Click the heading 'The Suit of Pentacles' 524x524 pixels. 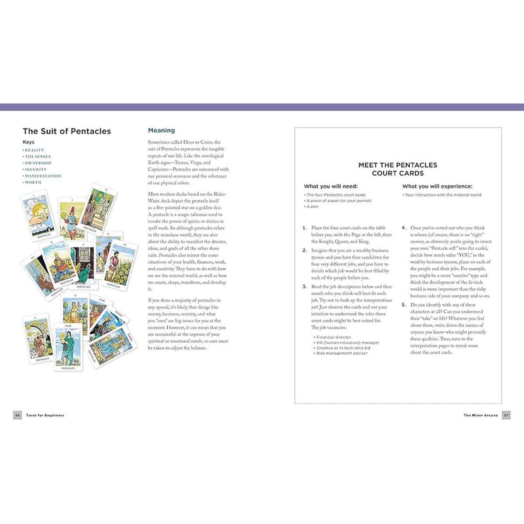click(x=67, y=131)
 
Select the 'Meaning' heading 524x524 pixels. click(x=161, y=130)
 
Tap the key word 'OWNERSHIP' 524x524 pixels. click(x=38, y=163)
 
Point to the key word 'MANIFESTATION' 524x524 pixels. click(x=43, y=176)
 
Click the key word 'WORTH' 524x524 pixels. click(x=33, y=183)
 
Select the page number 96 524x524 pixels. click(x=17, y=415)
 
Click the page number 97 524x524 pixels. click(x=506, y=415)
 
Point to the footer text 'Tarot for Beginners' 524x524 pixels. click(x=45, y=415)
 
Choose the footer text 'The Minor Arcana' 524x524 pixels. click(x=480, y=415)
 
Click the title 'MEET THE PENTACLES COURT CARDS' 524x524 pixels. click(x=398, y=169)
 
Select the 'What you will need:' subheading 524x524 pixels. click(x=331, y=186)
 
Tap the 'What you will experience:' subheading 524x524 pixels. click(x=437, y=186)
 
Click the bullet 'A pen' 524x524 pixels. click(x=312, y=207)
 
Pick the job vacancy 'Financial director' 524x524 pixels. click(x=334, y=337)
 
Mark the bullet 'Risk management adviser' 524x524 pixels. click(x=341, y=353)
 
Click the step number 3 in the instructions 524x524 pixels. click(x=305, y=287)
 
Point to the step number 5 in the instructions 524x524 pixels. click(x=404, y=305)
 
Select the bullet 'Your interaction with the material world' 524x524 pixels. click(x=443, y=195)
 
